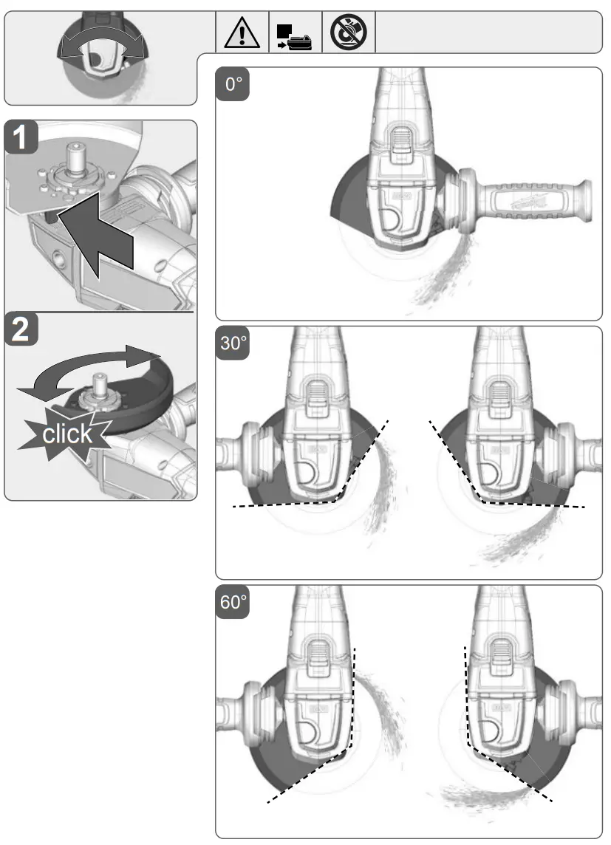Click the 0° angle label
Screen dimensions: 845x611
(x=233, y=85)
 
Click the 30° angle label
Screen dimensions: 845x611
(x=233, y=344)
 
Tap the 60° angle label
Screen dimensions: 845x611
(x=233, y=603)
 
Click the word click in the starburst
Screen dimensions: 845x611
(x=67, y=434)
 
